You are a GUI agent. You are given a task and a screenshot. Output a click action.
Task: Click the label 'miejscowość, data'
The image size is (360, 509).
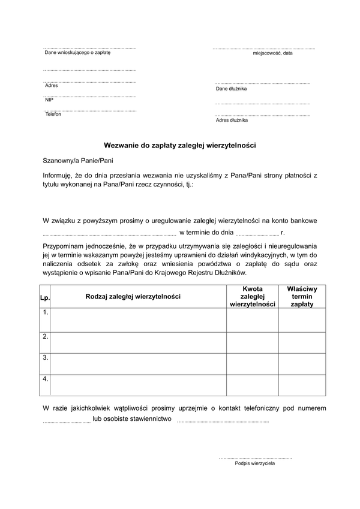click(x=272, y=53)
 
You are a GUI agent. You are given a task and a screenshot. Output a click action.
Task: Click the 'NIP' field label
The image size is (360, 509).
click(x=49, y=100)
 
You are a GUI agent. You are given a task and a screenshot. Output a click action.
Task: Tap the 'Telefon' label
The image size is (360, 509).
click(x=53, y=114)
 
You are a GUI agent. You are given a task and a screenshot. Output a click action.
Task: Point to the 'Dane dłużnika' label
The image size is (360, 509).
click(x=231, y=89)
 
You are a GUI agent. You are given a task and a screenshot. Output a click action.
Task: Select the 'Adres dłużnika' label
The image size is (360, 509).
click(x=232, y=120)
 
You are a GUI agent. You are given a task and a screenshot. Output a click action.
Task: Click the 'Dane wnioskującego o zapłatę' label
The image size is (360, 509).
click(x=77, y=53)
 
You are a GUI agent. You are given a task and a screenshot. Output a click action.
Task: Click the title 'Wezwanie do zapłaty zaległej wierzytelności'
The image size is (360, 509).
click(x=180, y=145)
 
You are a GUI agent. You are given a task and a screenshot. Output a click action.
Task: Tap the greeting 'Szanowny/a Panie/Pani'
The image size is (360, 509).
click(x=77, y=161)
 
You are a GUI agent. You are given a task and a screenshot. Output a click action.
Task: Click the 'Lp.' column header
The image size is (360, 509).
click(x=44, y=297)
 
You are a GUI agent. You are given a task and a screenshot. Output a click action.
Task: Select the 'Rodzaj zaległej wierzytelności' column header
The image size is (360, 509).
click(x=133, y=296)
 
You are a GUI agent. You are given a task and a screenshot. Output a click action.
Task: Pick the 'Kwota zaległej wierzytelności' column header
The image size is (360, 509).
click(x=252, y=296)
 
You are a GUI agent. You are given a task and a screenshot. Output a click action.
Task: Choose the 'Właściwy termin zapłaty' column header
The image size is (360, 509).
click(x=302, y=296)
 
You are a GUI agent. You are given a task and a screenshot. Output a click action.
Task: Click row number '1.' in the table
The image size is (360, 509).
click(x=45, y=312)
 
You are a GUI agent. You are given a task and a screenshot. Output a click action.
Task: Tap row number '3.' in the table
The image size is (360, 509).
click(x=45, y=357)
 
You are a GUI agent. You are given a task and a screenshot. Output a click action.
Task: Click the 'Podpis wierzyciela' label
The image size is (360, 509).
click(x=255, y=463)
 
